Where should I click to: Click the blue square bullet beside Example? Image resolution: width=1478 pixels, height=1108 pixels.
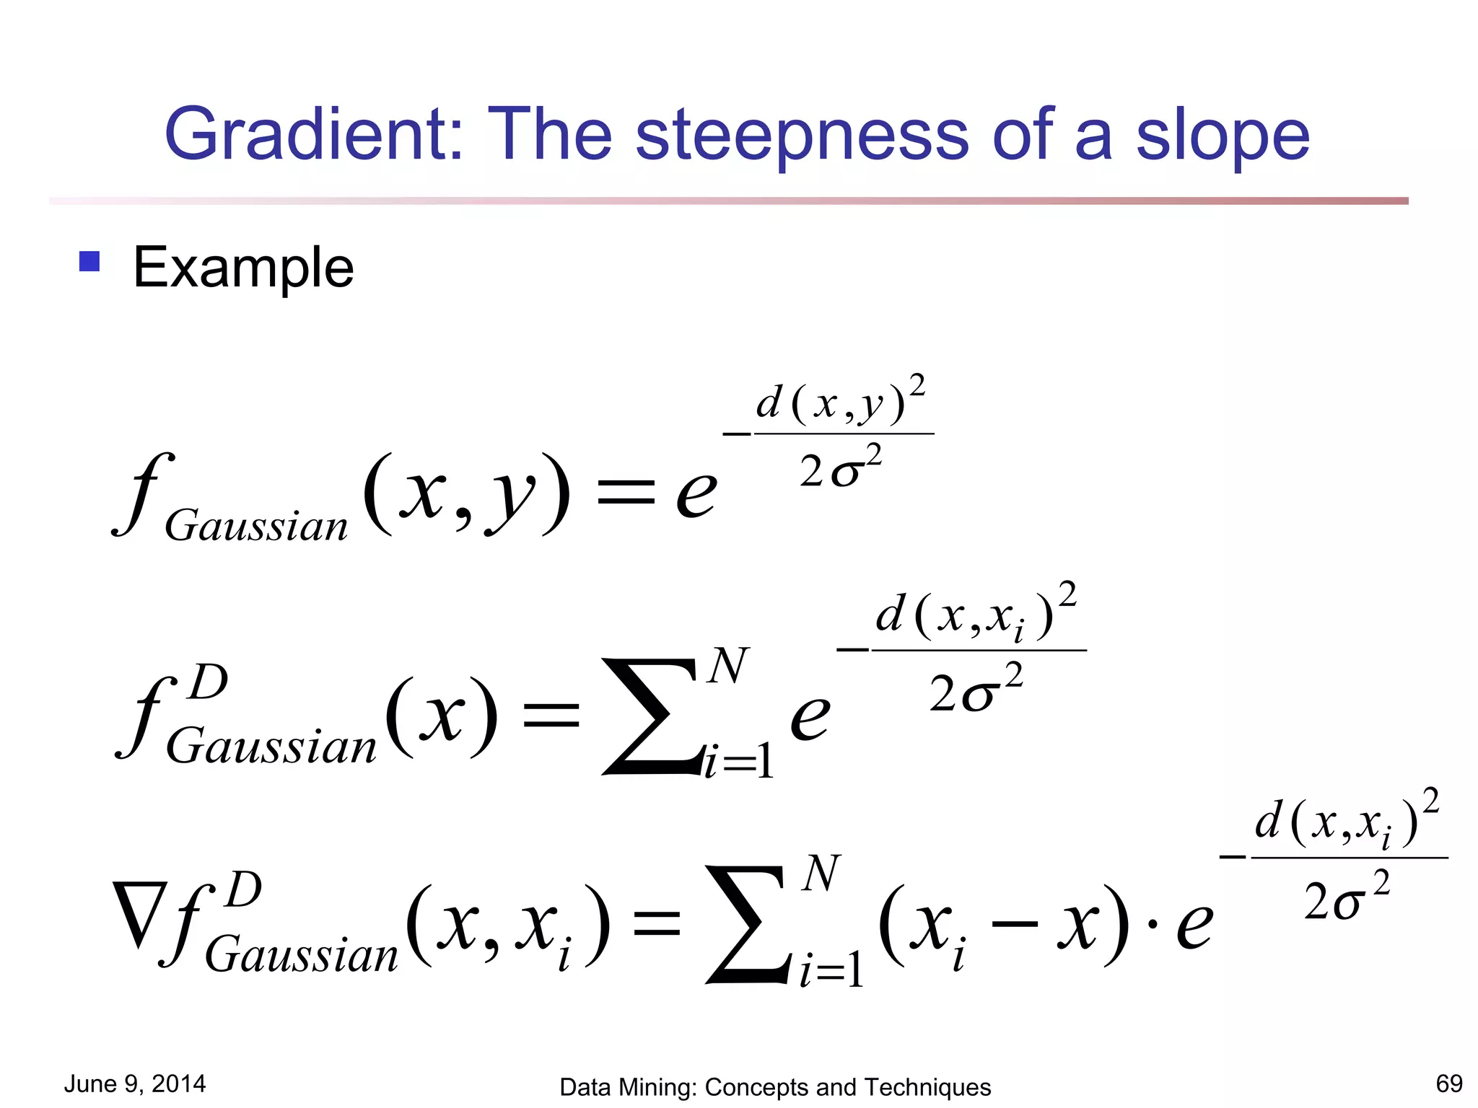pyautogui.click(x=89, y=261)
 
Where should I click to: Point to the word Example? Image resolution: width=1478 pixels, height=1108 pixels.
pyautogui.click(x=243, y=268)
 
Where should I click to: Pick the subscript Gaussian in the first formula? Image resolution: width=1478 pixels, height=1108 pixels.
pyautogui.click(x=256, y=525)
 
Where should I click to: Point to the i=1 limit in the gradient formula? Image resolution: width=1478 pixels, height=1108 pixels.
pyautogui.click(x=830, y=970)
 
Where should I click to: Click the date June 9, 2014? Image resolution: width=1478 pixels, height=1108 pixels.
pyautogui.click(x=135, y=1083)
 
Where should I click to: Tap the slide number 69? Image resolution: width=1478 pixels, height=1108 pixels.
pyautogui.click(x=1449, y=1083)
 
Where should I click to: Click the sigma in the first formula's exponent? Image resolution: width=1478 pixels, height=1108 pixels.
pyautogui.click(x=846, y=473)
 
